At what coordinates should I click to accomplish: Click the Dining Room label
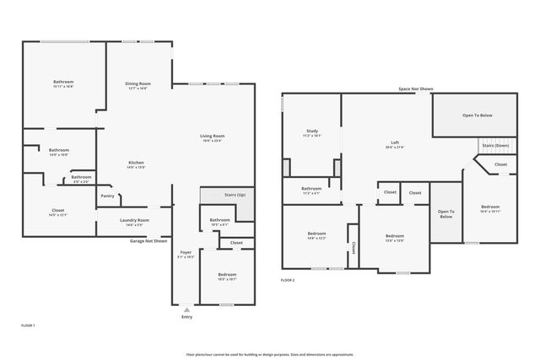coord(138,83)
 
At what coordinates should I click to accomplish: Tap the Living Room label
coord(212,137)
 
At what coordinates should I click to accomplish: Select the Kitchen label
coord(136,163)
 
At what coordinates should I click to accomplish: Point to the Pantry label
coord(107,196)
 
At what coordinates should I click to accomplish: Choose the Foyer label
coord(186,252)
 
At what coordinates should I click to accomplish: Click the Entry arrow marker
coord(186,309)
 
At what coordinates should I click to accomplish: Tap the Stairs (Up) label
coord(235,195)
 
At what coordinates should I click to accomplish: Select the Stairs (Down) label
coord(495,146)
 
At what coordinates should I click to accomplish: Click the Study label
coord(311,132)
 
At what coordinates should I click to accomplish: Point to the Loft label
coord(395,143)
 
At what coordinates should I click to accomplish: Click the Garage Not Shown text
coord(148,240)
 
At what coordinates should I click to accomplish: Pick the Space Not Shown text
coord(416,89)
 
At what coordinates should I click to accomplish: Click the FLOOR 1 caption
coord(28,325)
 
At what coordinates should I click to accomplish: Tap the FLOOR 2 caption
coord(288,279)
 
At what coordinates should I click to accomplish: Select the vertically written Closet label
coord(353,249)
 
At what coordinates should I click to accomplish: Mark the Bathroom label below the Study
coord(311,189)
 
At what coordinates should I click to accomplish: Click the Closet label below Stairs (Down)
coord(500,164)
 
